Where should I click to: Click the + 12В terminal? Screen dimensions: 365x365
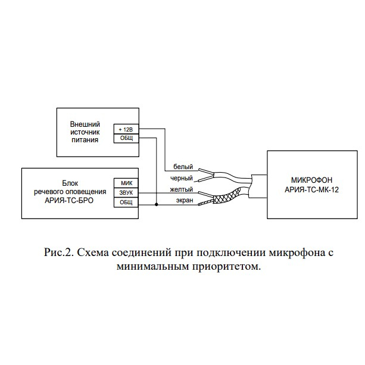tap(126, 129)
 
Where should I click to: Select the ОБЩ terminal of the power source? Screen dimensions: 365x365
tap(126, 138)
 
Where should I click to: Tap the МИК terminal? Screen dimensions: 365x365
tap(126, 183)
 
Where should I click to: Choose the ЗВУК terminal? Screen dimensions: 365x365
tap(126, 193)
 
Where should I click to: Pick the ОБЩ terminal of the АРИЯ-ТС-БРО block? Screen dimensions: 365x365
tap(126, 202)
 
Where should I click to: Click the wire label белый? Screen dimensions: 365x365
tap(183, 167)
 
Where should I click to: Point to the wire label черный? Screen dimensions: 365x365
tap(182, 178)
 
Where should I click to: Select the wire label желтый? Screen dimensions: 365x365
tap(182, 189)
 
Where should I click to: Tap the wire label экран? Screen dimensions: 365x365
tap(185, 200)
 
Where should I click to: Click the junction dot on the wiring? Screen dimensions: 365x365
tap(157, 205)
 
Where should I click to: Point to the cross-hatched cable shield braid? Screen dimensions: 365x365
tap(227, 196)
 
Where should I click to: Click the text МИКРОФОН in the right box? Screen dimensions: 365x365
tap(311, 180)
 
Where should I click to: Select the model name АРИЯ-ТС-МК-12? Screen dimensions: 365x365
tap(311, 190)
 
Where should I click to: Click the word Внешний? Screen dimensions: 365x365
tap(85, 124)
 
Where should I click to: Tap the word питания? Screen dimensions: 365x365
tap(85, 140)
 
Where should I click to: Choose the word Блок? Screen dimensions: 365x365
tap(70, 183)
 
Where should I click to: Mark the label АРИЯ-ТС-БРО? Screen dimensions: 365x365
tap(69, 201)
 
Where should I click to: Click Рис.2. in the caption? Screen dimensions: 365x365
tap(59, 252)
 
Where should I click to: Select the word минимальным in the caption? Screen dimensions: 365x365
tap(153, 266)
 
